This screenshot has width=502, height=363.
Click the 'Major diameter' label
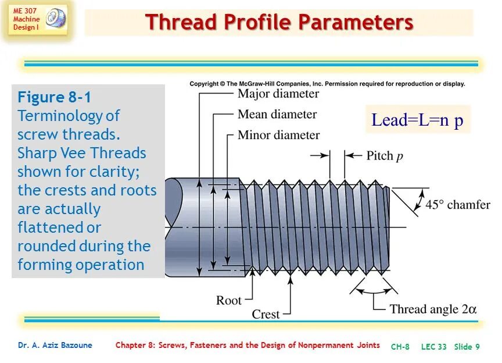[278, 94]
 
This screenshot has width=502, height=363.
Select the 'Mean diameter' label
[277, 114]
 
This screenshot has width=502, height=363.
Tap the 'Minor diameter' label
[278, 135]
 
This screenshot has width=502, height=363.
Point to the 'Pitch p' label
[384, 156]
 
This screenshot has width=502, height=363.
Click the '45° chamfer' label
[458, 205]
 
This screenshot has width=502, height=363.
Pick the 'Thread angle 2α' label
[433, 309]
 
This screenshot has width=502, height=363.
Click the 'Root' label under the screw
[228, 300]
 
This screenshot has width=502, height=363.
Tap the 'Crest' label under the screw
[266, 314]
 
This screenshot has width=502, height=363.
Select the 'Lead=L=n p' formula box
[417, 120]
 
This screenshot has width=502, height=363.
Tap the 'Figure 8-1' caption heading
[54, 97]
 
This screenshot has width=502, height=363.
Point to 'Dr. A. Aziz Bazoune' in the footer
[55, 346]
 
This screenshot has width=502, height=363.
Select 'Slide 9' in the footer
[467, 347]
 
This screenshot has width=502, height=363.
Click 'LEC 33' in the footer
[433, 347]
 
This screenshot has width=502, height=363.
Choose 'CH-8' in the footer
[400, 347]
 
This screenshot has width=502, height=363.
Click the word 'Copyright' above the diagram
[203, 84]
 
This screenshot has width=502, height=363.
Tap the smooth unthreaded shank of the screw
[203, 224]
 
